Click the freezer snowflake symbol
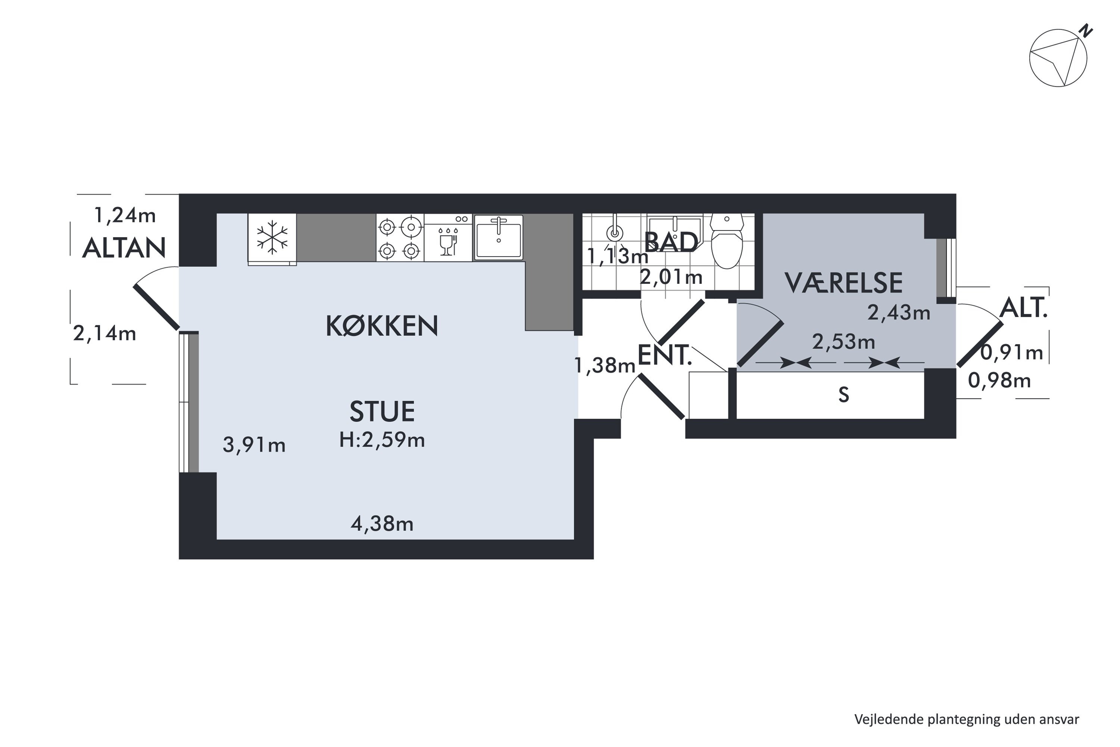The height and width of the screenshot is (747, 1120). point(272,237)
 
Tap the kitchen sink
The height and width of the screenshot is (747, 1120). point(498,237)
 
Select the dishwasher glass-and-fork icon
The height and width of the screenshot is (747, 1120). point(448,242)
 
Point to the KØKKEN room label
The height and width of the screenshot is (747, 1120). point(382,326)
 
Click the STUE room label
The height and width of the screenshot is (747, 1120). point(382,412)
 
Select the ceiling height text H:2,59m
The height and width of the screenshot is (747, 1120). point(382,440)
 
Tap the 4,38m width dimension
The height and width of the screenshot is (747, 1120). point(382,524)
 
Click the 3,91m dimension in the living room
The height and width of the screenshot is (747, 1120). point(254,445)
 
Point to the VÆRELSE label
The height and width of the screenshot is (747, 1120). point(843,283)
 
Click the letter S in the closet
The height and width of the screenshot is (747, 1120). point(843,395)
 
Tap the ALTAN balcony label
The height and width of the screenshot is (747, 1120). point(124,248)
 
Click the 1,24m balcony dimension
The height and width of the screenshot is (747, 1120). point(125,216)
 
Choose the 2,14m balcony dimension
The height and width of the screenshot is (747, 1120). point(104,334)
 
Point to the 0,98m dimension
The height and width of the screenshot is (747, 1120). point(999,380)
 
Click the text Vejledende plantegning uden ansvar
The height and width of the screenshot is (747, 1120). point(966,719)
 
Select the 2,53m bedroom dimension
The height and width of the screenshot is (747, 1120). point(843,342)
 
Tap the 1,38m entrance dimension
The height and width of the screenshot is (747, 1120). point(605,365)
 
